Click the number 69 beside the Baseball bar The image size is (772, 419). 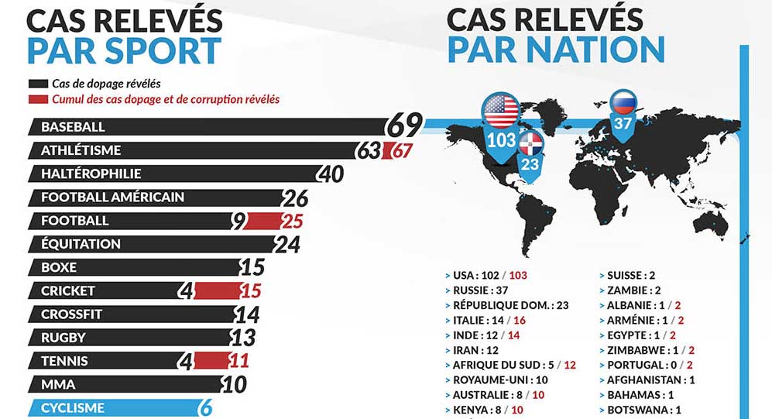pyautogui.click(x=405, y=125)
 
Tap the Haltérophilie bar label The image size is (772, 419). pyautogui.click(x=91, y=173)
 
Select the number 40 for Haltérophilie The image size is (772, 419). pyautogui.click(x=331, y=174)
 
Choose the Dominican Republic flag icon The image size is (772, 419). pyautogui.click(x=530, y=143)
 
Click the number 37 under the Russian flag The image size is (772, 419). pyautogui.click(x=623, y=122)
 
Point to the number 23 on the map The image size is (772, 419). pyautogui.click(x=530, y=163)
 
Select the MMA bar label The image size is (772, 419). pyautogui.click(x=54, y=384)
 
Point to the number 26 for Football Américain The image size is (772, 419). pyautogui.click(x=296, y=197)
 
